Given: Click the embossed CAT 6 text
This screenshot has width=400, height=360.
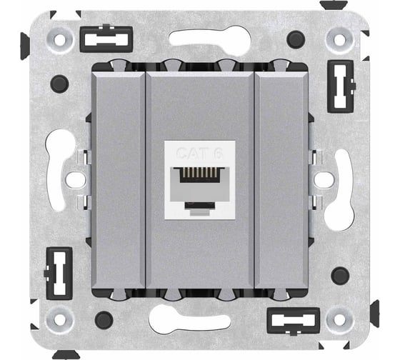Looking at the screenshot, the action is pyautogui.click(x=200, y=154).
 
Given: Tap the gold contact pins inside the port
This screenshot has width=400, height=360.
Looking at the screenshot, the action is pyautogui.click(x=200, y=172).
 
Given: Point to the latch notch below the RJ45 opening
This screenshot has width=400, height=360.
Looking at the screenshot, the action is pyautogui.click(x=200, y=205).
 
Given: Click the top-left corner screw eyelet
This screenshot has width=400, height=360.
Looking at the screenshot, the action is pyautogui.click(x=60, y=40).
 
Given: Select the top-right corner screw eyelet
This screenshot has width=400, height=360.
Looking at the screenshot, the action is pyautogui.click(x=339, y=40).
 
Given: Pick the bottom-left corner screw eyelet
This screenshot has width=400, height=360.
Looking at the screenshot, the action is pyautogui.click(x=60, y=319).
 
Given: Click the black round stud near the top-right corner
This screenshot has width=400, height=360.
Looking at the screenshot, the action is pyautogui.click(x=296, y=39).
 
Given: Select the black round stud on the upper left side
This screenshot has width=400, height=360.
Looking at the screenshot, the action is pyautogui.click(x=59, y=84).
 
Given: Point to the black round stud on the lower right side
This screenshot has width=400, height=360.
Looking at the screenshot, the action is pyautogui.click(x=340, y=276).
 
